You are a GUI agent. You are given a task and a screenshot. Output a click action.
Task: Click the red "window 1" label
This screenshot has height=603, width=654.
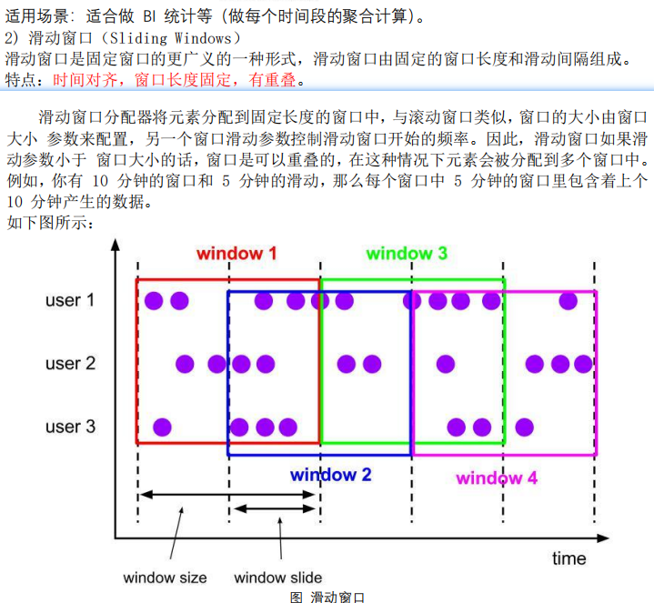coord(236,254)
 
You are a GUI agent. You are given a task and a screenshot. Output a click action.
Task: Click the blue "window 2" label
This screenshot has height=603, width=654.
coord(330,474)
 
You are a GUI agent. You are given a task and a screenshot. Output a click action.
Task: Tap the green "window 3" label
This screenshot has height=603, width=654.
coord(407,254)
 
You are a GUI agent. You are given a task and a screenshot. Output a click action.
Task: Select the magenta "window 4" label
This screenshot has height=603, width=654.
coord(497,478)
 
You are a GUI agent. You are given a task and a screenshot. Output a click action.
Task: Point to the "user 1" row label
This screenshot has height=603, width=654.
coord(70,300)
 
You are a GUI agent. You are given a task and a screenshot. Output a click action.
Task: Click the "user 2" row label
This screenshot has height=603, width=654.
coord(70,364)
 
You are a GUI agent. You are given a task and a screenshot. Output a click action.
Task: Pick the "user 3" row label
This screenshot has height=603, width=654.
coord(70,427)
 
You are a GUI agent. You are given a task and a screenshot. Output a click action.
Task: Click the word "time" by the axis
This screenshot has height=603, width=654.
coord(568,558)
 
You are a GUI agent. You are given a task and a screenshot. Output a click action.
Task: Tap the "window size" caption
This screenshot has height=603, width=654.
coord(165,578)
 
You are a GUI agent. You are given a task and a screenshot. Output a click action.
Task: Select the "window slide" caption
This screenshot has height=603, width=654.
coord(278,578)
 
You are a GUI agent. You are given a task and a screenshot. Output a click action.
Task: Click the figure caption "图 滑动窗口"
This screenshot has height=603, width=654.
coord(327,597)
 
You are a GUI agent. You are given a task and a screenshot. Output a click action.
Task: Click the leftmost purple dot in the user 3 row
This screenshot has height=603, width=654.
coord(162,427)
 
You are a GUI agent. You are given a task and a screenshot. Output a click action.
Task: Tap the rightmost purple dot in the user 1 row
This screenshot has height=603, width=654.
coord(568,300)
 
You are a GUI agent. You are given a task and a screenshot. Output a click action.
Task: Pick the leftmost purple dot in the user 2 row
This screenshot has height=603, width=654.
coord(185,364)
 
